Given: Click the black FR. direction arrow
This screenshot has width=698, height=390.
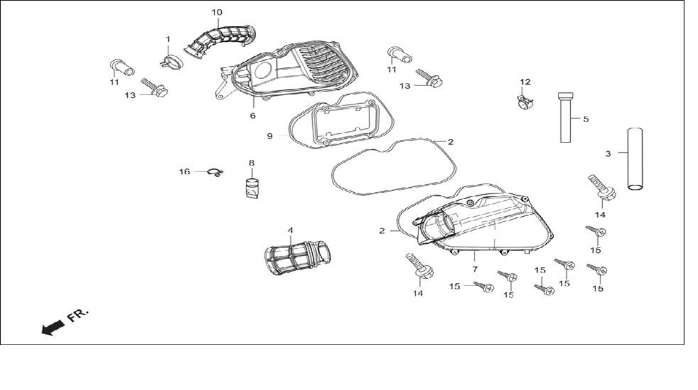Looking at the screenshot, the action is click(x=52, y=328).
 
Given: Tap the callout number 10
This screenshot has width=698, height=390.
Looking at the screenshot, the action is click(x=217, y=12).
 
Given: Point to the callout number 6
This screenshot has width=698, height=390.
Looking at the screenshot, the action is click(x=253, y=115).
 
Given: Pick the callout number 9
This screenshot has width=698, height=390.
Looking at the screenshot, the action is click(x=270, y=136).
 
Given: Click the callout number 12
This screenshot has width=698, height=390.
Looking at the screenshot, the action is click(x=525, y=82).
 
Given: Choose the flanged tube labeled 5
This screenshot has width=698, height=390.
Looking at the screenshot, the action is click(x=566, y=117).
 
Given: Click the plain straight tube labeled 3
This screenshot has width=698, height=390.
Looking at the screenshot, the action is click(x=635, y=159).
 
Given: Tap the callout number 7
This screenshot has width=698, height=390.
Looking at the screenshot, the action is click(x=475, y=270).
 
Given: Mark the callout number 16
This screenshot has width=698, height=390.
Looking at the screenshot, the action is click(x=184, y=172).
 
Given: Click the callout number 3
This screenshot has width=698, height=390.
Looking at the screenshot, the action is click(x=608, y=154).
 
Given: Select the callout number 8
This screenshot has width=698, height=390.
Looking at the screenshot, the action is click(x=251, y=163).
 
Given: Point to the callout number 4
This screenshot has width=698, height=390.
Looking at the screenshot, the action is click(x=290, y=230).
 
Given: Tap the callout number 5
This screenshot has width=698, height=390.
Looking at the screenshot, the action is click(x=586, y=119).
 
